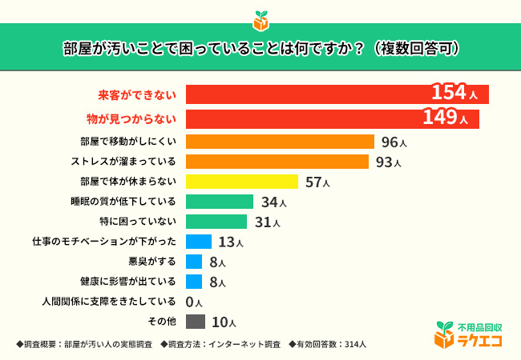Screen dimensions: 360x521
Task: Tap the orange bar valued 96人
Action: click(x=280, y=142)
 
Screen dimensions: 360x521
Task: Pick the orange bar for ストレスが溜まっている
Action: click(x=277, y=162)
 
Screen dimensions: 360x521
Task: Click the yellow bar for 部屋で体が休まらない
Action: click(x=241, y=182)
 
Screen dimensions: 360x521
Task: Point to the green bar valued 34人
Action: click(x=219, y=202)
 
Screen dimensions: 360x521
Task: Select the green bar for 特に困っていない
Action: click(x=216, y=222)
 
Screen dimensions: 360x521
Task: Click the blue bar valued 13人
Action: click(x=198, y=242)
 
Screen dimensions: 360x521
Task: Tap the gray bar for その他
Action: click(x=195, y=322)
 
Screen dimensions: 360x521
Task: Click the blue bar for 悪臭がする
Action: click(x=193, y=262)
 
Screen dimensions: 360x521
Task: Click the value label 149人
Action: click(x=445, y=118)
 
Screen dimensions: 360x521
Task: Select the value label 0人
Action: click(x=194, y=302)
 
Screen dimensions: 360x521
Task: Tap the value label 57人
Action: click(x=317, y=182)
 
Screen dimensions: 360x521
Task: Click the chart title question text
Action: click(x=260, y=47)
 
